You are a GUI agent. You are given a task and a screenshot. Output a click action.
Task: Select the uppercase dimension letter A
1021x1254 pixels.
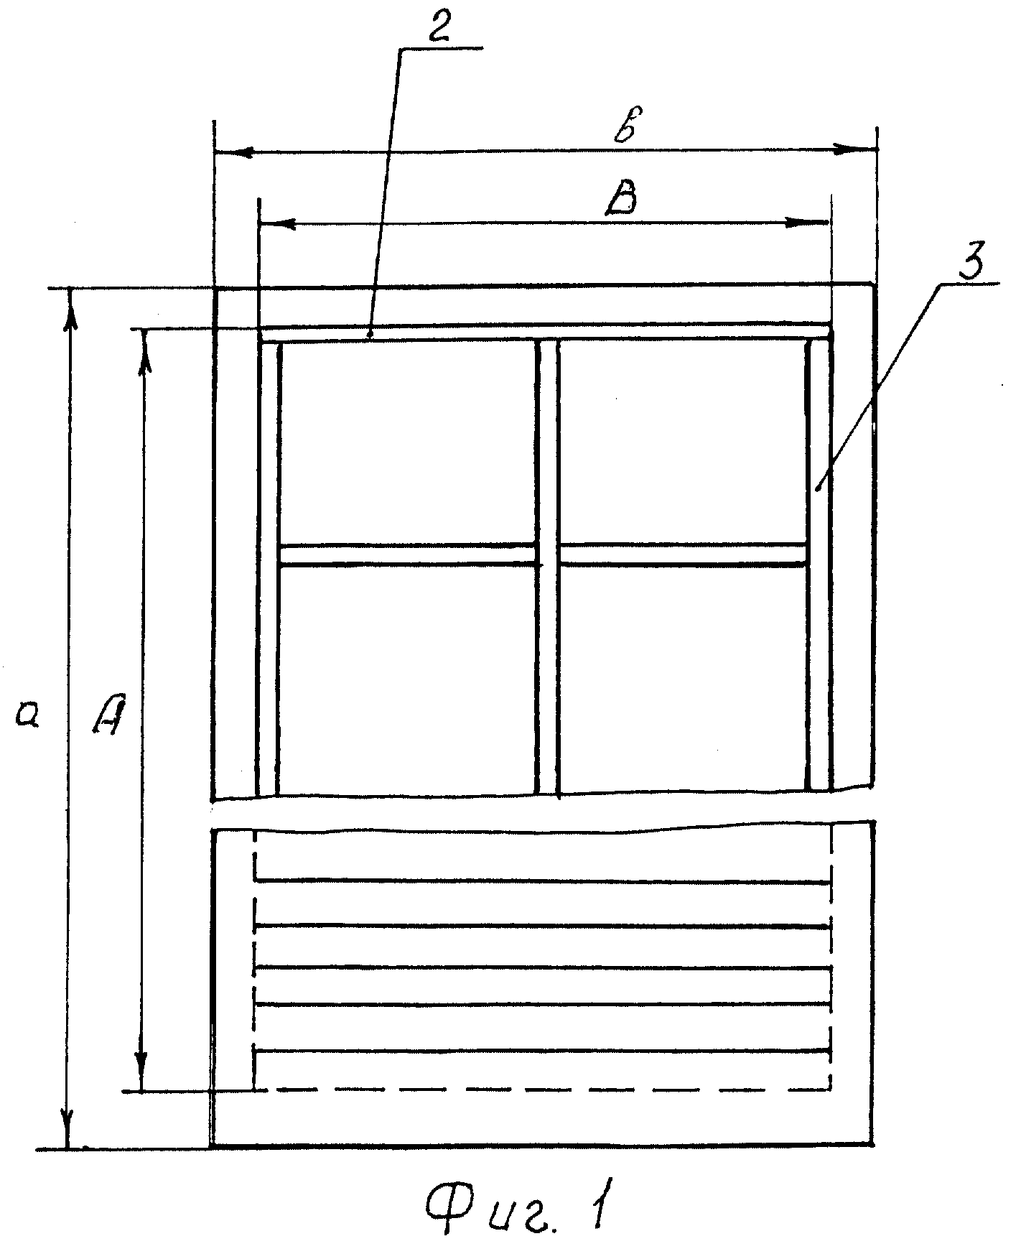tap(110, 713)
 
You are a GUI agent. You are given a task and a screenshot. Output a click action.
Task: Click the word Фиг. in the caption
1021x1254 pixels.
tap(488, 1213)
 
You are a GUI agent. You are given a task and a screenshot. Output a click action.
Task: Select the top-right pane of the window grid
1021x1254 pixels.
tap(683, 442)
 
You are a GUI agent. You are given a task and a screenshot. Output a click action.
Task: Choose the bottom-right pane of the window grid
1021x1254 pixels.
tap(683, 679)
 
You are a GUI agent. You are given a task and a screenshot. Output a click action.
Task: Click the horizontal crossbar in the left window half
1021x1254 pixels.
tap(408, 555)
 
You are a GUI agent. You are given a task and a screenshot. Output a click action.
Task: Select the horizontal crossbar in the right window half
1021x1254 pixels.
tap(683, 555)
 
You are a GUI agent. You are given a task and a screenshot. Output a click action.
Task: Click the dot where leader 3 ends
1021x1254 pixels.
tap(819, 488)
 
